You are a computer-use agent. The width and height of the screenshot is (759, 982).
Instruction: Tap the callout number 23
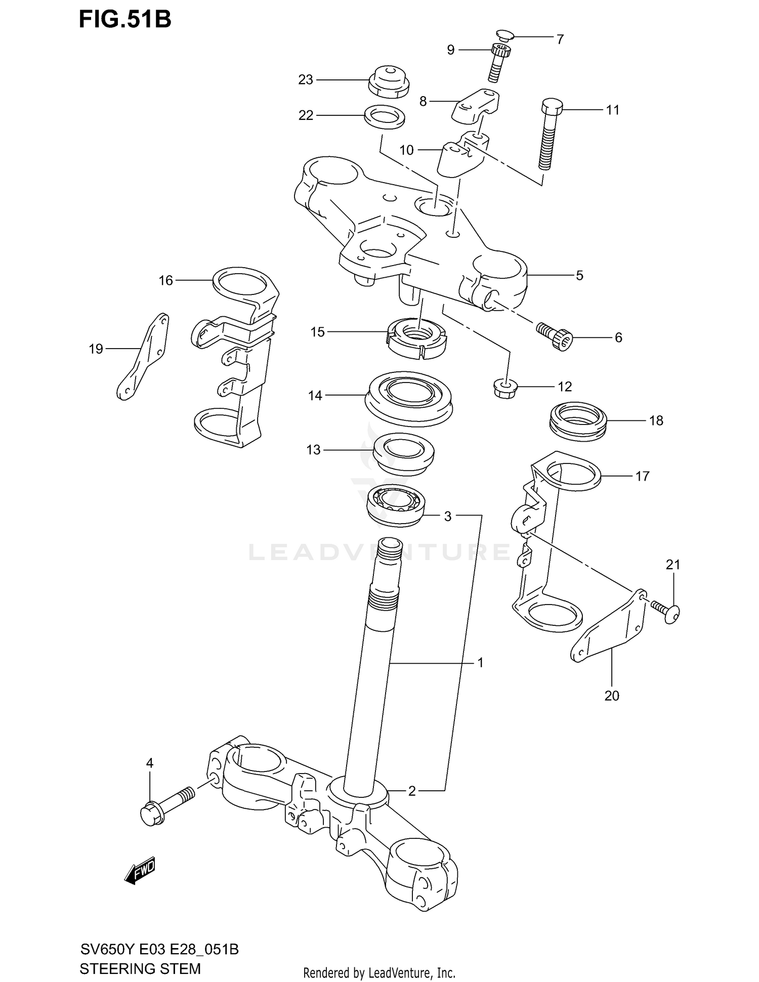click(x=305, y=80)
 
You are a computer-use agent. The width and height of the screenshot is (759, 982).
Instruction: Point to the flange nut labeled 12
click(x=504, y=389)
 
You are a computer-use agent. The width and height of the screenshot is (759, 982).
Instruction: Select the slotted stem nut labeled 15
click(x=416, y=339)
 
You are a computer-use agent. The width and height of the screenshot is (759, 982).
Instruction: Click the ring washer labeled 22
click(x=385, y=117)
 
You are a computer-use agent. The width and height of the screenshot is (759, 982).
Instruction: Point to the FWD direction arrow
click(x=140, y=871)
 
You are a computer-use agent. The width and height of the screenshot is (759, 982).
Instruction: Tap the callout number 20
click(x=611, y=696)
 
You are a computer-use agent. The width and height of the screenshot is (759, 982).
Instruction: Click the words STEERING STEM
click(x=140, y=968)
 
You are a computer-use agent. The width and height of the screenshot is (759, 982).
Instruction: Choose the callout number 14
click(x=315, y=396)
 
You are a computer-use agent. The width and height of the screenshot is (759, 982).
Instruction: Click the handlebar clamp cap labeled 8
click(x=476, y=105)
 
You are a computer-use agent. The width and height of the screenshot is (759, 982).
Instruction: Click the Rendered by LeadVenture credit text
click(x=379, y=972)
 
